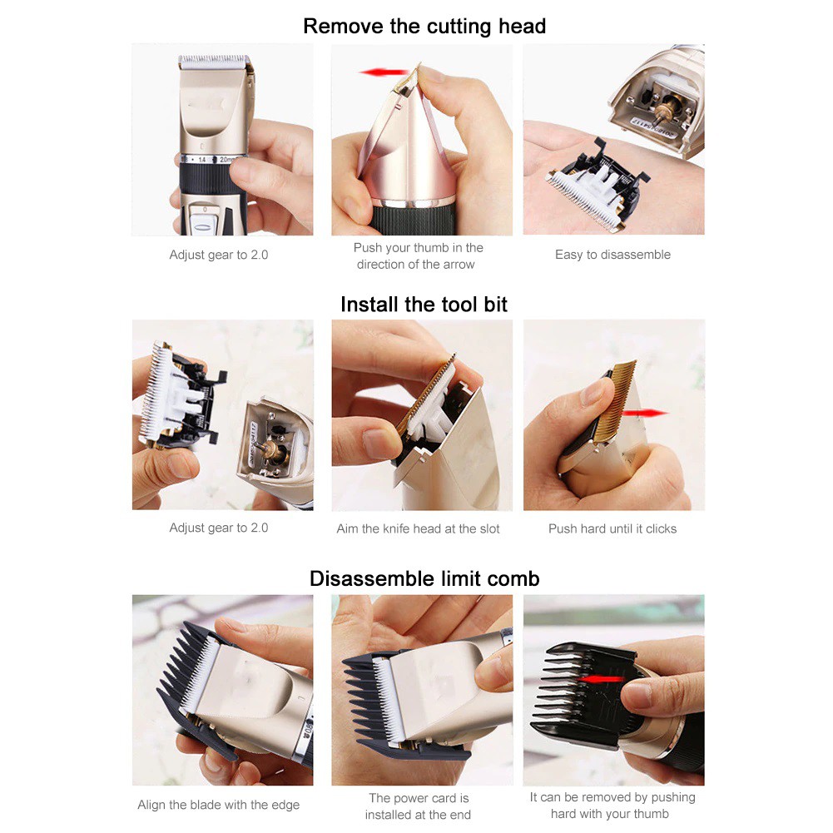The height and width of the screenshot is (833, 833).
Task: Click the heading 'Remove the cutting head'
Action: [x=424, y=26]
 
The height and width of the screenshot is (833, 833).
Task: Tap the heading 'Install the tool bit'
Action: [x=424, y=305]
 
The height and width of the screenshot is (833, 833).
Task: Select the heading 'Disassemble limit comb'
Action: [x=424, y=578]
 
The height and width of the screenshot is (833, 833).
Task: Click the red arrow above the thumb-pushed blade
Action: [x=384, y=72]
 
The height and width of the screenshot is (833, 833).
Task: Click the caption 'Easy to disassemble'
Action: [x=612, y=255]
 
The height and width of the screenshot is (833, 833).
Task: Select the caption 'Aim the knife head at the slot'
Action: [x=418, y=528]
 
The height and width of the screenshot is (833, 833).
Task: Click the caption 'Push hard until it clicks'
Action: [x=612, y=528]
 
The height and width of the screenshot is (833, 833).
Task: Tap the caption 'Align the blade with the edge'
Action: [x=218, y=805]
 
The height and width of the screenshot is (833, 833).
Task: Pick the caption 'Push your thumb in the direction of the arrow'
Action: [x=418, y=255]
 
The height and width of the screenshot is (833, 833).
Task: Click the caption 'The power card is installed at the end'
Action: [x=419, y=806]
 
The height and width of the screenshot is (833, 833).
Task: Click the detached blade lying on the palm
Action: [x=597, y=185]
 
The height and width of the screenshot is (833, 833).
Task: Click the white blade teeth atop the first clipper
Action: [x=214, y=62]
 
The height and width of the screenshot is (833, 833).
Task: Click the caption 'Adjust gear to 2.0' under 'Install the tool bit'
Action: [x=218, y=528]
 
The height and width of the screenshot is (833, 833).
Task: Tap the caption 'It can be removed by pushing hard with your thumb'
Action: [x=612, y=806]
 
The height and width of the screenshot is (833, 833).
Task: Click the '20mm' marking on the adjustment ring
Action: [x=228, y=160]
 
